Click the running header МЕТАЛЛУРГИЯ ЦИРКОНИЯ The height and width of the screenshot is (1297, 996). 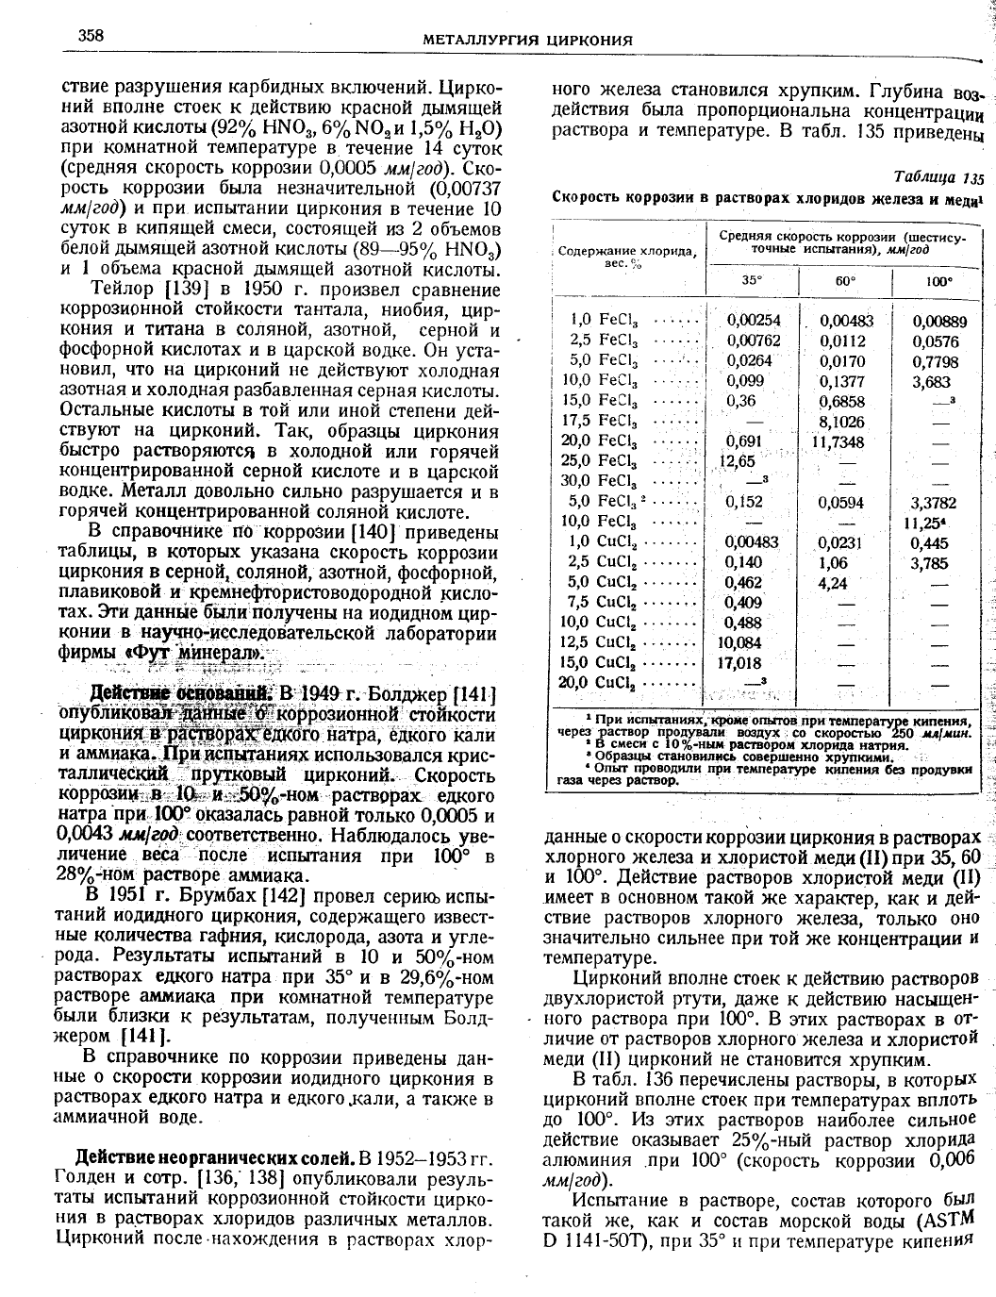click(527, 40)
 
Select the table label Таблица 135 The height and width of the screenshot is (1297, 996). click(937, 177)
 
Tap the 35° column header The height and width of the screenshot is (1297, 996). click(751, 280)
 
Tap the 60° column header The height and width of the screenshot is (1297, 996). click(842, 280)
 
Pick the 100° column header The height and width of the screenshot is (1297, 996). click(938, 280)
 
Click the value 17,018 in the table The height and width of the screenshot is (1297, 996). click(740, 663)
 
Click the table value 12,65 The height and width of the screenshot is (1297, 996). click(738, 461)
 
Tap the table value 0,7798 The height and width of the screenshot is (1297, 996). click(935, 361)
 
